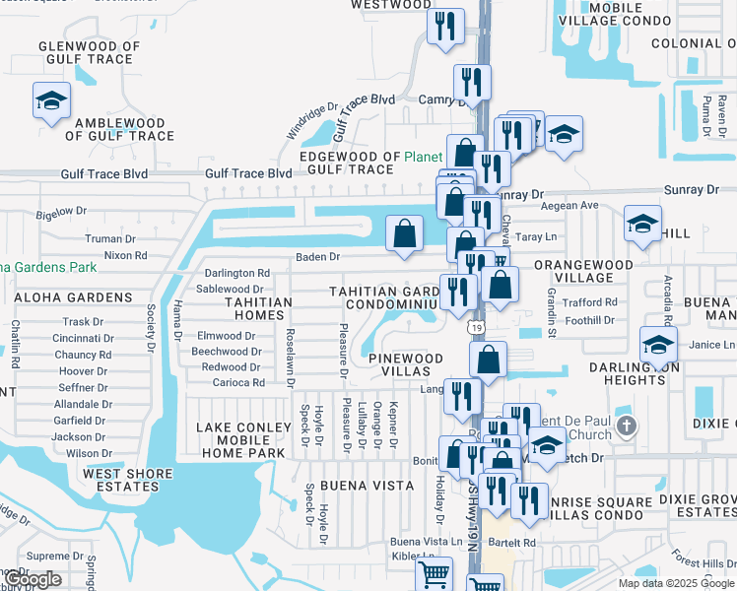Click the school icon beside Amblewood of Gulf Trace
pyautogui.click(x=51, y=99)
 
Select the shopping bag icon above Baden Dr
pyautogui.click(x=405, y=233)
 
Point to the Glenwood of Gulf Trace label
pyautogui.click(x=89, y=52)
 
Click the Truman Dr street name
pyautogui.click(x=109, y=238)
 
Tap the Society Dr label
pyautogui.click(x=152, y=327)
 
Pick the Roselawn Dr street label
pyautogui.click(x=290, y=346)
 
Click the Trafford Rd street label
pyautogui.click(x=590, y=301)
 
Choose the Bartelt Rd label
pyautogui.click(x=517, y=542)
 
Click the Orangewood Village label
pyautogui.click(x=583, y=271)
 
